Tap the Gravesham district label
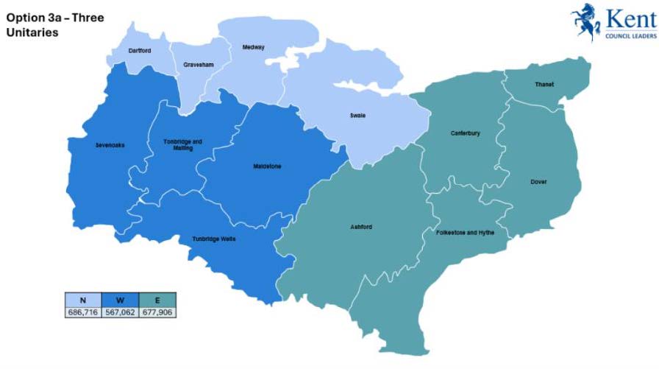click(198, 65)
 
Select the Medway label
click(253, 48)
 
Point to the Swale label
click(357, 116)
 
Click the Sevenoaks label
click(110, 145)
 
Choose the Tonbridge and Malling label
click(182, 144)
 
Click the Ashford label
click(361, 227)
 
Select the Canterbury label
click(465, 133)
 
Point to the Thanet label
click(544, 84)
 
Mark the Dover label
click(538, 182)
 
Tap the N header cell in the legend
click(82, 300)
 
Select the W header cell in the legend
click(119, 300)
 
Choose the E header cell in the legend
click(156, 300)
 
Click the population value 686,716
click(82, 312)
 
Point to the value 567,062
click(119, 312)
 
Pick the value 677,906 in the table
click(156, 312)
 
